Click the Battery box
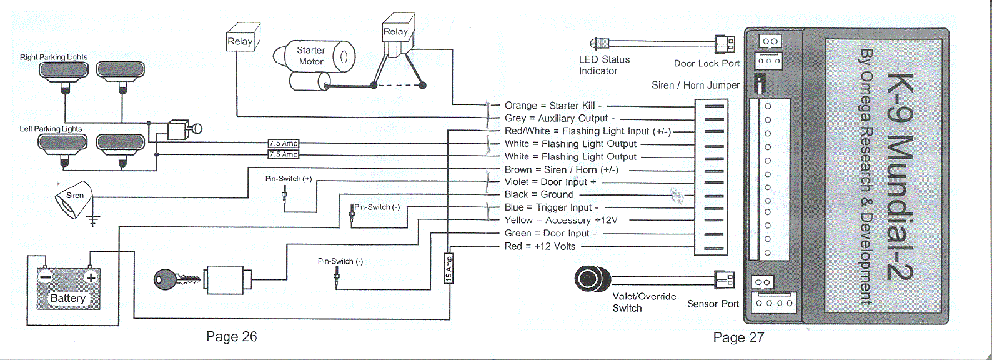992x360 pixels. click(67, 289)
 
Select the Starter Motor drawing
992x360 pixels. click(316, 64)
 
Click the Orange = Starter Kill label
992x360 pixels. click(552, 106)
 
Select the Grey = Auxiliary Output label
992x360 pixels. click(560, 118)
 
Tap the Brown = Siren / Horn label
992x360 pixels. click(561, 169)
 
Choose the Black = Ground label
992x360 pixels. click(538, 195)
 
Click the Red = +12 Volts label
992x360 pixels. click(540, 246)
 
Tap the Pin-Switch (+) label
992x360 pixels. click(288, 179)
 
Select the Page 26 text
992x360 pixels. click(231, 337)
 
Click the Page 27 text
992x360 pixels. click(738, 337)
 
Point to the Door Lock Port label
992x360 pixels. click(707, 63)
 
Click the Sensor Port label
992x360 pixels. click(713, 304)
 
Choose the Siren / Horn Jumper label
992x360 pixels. click(695, 85)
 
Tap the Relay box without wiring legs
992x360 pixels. click(240, 41)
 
